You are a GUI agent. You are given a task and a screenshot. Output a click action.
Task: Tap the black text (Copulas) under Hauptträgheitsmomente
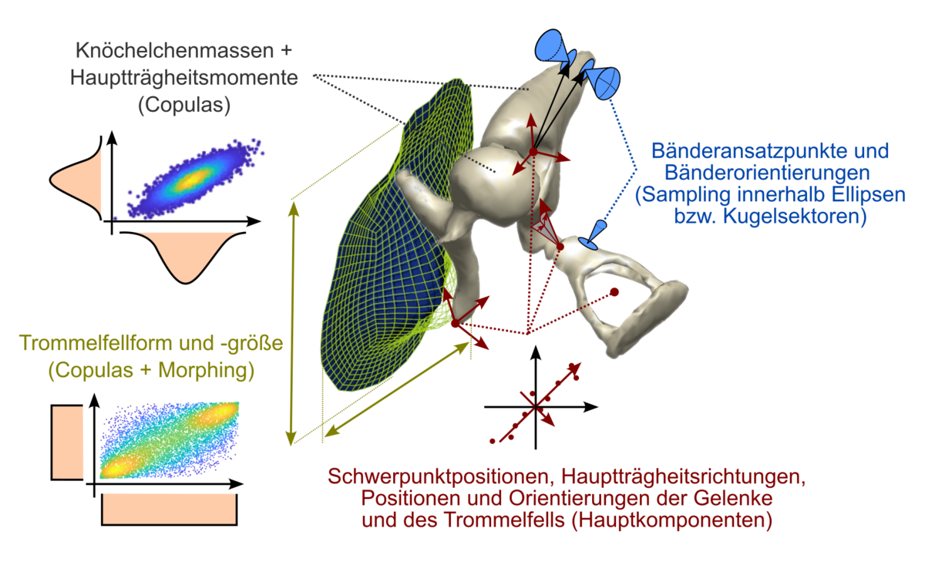click(184, 104)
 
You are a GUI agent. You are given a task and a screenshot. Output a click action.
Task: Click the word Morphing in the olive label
click(208, 370)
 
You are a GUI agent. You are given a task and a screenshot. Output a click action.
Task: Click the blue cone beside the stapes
click(596, 234)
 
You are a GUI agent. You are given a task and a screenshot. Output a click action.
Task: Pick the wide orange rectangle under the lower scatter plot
click(170, 510)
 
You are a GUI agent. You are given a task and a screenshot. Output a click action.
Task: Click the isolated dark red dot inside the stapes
click(614, 292)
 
